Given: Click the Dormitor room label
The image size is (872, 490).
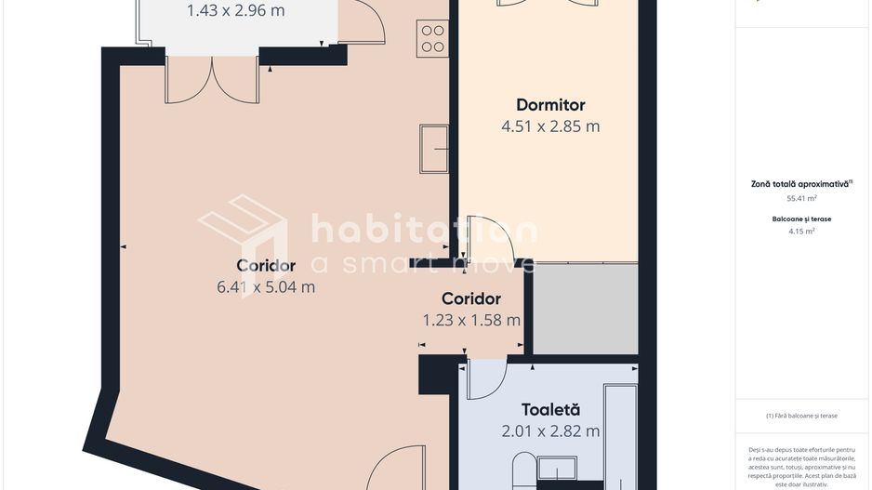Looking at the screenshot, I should [x=550, y=105].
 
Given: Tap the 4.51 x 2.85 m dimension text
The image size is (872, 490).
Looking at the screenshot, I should [x=550, y=126].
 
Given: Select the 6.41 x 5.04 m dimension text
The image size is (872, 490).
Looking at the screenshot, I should [x=266, y=287].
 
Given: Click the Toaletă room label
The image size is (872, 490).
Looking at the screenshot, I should [x=550, y=409].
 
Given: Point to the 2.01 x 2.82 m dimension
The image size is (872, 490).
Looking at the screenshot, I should [x=550, y=430].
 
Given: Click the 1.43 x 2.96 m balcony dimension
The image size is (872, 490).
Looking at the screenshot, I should [x=235, y=11].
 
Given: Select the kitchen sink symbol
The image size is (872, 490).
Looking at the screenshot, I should [x=434, y=149].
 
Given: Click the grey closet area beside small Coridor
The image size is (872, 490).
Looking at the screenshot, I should [x=585, y=309].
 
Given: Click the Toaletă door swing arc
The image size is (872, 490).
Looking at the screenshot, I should [x=485, y=379].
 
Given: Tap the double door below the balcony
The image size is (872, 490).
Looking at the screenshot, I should [x=213, y=80].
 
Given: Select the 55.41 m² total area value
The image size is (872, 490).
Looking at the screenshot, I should [x=801, y=198].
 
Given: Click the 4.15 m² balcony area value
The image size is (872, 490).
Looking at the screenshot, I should [x=801, y=232].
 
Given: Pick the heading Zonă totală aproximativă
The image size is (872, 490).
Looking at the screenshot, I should [x=800, y=184].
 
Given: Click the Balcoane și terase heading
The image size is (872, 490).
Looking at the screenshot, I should [x=801, y=219].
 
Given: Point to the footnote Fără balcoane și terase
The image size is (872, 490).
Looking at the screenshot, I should [x=801, y=416].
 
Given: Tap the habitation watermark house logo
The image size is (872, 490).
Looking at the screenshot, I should [x=243, y=233].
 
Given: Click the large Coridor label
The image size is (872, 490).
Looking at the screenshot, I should [x=266, y=266].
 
